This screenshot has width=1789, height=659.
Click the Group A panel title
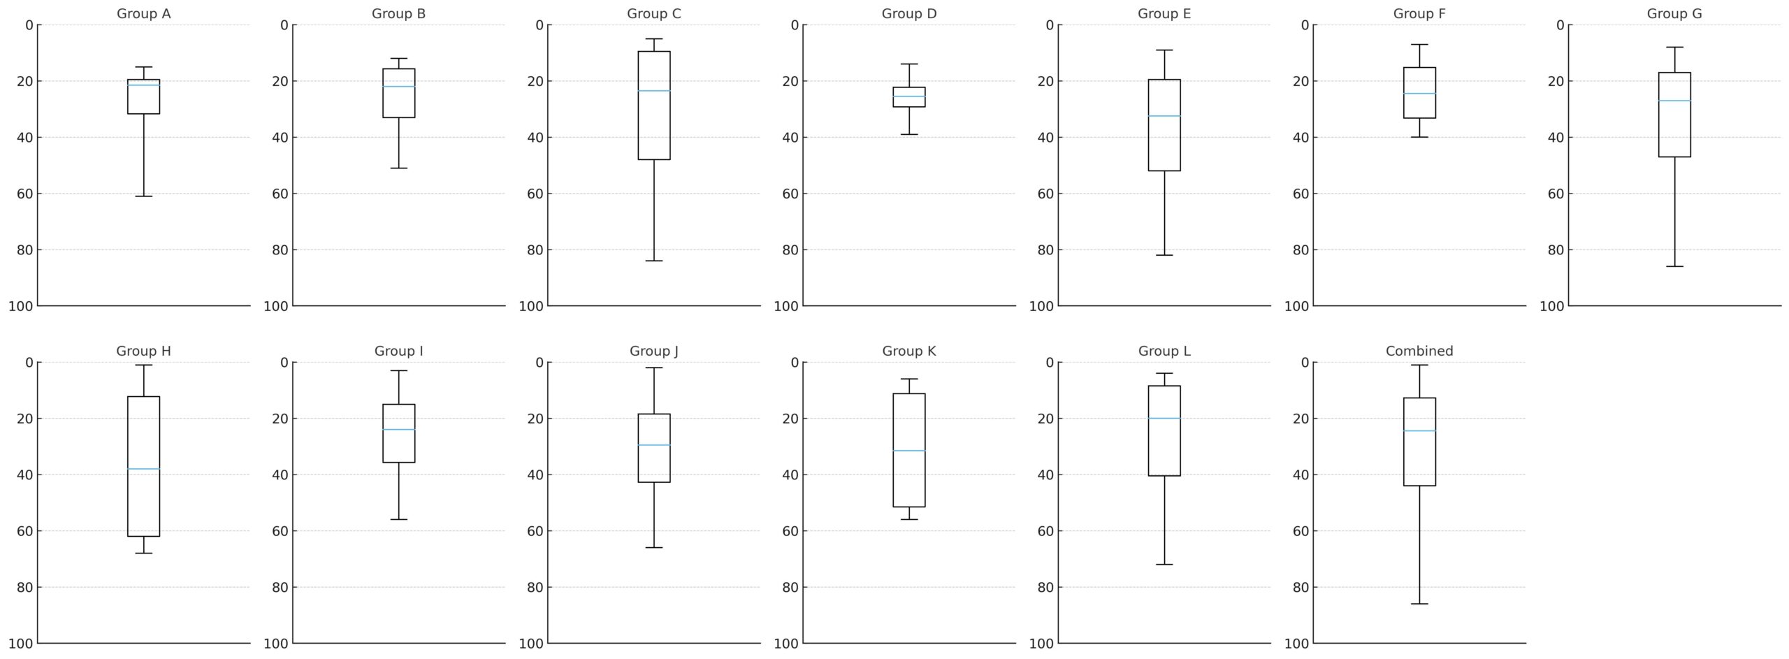tap(143, 14)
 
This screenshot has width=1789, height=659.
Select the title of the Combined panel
tap(1419, 352)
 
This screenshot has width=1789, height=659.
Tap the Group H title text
tap(143, 352)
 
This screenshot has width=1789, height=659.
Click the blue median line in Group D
tap(909, 96)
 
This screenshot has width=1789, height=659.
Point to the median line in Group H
tap(143, 469)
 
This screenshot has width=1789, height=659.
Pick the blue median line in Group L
tap(1164, 419)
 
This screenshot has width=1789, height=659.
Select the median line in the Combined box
tap(1419, 431)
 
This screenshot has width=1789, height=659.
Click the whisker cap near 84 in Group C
tap(654, 261)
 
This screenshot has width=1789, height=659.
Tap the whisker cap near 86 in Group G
tap(1674, 266)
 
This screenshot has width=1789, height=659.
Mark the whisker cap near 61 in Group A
tap(143, 196)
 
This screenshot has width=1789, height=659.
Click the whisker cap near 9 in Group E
tap(1164, 50)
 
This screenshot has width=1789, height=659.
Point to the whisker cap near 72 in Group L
tap(1164, 564)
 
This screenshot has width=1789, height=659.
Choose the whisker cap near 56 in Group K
tap(909, 519)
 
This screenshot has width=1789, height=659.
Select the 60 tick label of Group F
tap(1301, 194)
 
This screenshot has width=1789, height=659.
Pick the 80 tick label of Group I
tap(280, 587)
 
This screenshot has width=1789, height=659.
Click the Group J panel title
tap(654, 352)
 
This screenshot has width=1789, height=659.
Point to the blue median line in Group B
tap(398, 87)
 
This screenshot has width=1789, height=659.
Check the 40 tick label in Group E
tap(1045, 138)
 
